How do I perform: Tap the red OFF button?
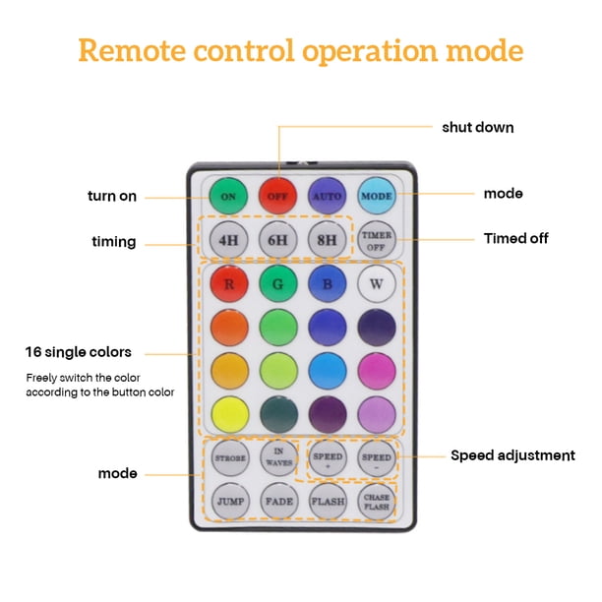click(277, 196)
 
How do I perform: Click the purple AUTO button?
click(328, 196)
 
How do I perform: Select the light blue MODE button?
click(377, 196)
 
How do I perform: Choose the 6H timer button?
click(277, 240)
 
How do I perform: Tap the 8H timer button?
click(328, 240)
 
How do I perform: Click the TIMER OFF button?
click(377, 240)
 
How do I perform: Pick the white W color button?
click(377, 283)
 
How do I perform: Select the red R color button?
click(229, 284)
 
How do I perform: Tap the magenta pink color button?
click(377, 371)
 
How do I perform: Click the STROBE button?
click(230, 458)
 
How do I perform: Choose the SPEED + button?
click(328, 458)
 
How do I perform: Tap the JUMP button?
click(230, 502)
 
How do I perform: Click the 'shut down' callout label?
click(478, 128)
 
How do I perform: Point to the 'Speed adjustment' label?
click(512, 455)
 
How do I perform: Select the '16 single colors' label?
click(79, 352)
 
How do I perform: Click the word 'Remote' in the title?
click(132, 50)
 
